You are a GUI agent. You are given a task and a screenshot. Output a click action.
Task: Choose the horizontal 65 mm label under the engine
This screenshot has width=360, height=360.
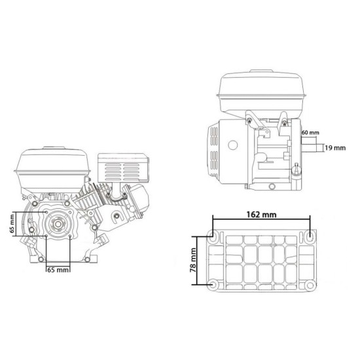[59, 269]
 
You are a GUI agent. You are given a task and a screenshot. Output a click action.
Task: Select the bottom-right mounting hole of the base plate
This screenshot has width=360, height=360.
[309, 285]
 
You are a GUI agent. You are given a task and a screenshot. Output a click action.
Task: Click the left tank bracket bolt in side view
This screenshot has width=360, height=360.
[249, 118]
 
